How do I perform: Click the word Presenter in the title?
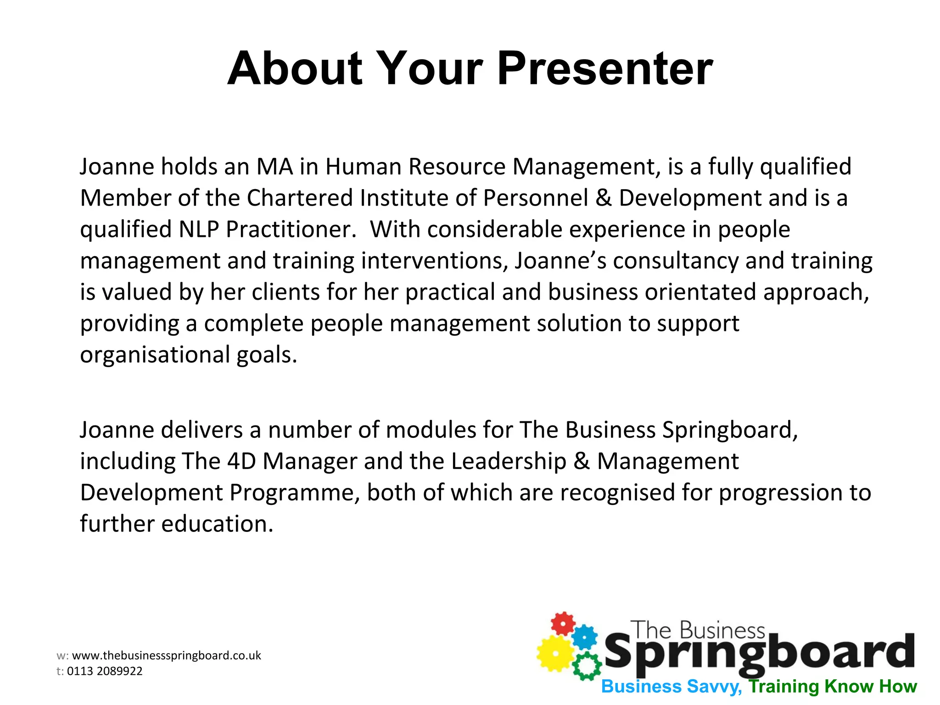pyautogui.click(x=604, y=69)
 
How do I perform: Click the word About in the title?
pyautogui.click(x=295, y=69)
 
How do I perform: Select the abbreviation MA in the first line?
pyautogui.click(x=274, y=167)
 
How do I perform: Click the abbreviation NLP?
pyautogui.click(x=199, y=229)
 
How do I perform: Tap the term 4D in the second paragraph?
pyautogui.click(x=241, y=461)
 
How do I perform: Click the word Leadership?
pyautogui.click(x=509, y=461)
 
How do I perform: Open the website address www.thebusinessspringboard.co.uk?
pyautogui.click(x=166, y=655)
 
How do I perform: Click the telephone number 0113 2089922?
pyautogui.click(x=105, y=671)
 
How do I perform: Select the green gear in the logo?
pyautogui.click(x=587, y=666)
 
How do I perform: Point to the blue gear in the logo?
pyautogui.click(x=585, y=637)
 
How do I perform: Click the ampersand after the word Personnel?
pyautogui.click(x=603, y=198)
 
